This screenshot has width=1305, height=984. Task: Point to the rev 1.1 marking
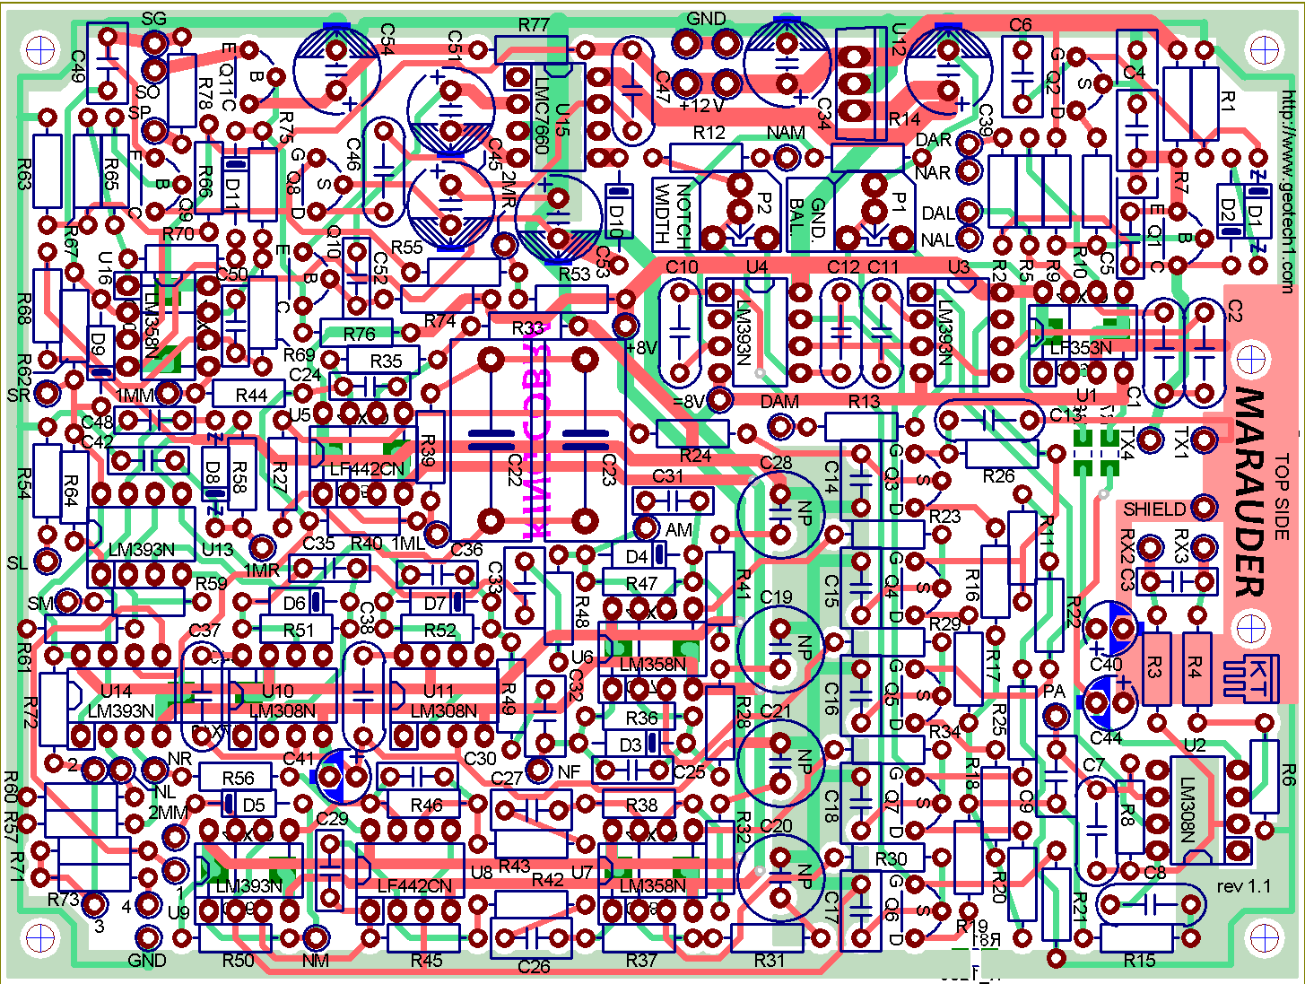point(1244,886)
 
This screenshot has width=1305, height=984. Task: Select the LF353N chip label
point(1080,348)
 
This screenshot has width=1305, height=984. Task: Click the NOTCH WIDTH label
point(673,215)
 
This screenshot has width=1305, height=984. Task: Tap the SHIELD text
point(1154,509)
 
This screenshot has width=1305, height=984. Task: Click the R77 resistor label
point(534,25)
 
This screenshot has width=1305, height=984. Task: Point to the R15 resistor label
point(1139,961)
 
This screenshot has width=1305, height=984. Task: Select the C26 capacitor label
point(534,967)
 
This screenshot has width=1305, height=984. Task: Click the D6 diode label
point(294,603)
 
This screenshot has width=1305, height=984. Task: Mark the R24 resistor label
point(695,455)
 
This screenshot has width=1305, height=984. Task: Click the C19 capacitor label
point(776,597)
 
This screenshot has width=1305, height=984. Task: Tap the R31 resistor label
point(770,961)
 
